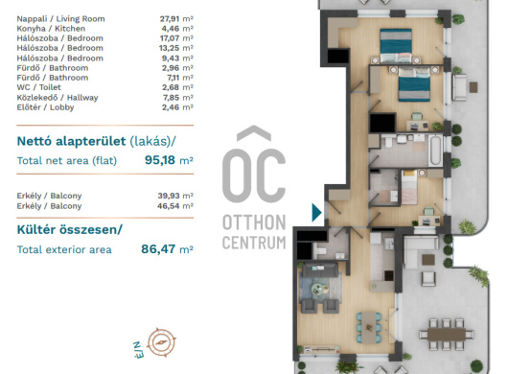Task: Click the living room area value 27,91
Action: (x=169, y=19)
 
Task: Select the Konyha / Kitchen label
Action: (x=51, y=29)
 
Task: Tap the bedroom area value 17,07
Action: (x=170, y=38)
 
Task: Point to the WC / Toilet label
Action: (x=39, y=87)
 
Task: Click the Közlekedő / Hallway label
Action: (x=58, y=98)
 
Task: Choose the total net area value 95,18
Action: (x=160, y=160)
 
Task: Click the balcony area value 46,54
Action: (x=169, y=206)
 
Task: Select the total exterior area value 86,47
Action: (x=158, y=249)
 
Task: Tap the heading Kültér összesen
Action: (x=70, y=229)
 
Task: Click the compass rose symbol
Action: (x=162, y=342)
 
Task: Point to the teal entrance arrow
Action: (x=316, y=213)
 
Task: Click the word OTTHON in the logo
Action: (x=254, y=222)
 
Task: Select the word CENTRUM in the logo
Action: (x=254, y=242)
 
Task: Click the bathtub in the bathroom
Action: (x=435, y=150)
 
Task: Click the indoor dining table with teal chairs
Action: (x=369, y=328)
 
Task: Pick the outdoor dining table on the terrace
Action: (x=447, y=334)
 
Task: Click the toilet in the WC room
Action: (x=321, y=251)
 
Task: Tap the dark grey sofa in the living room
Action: (x=320, y=269)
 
